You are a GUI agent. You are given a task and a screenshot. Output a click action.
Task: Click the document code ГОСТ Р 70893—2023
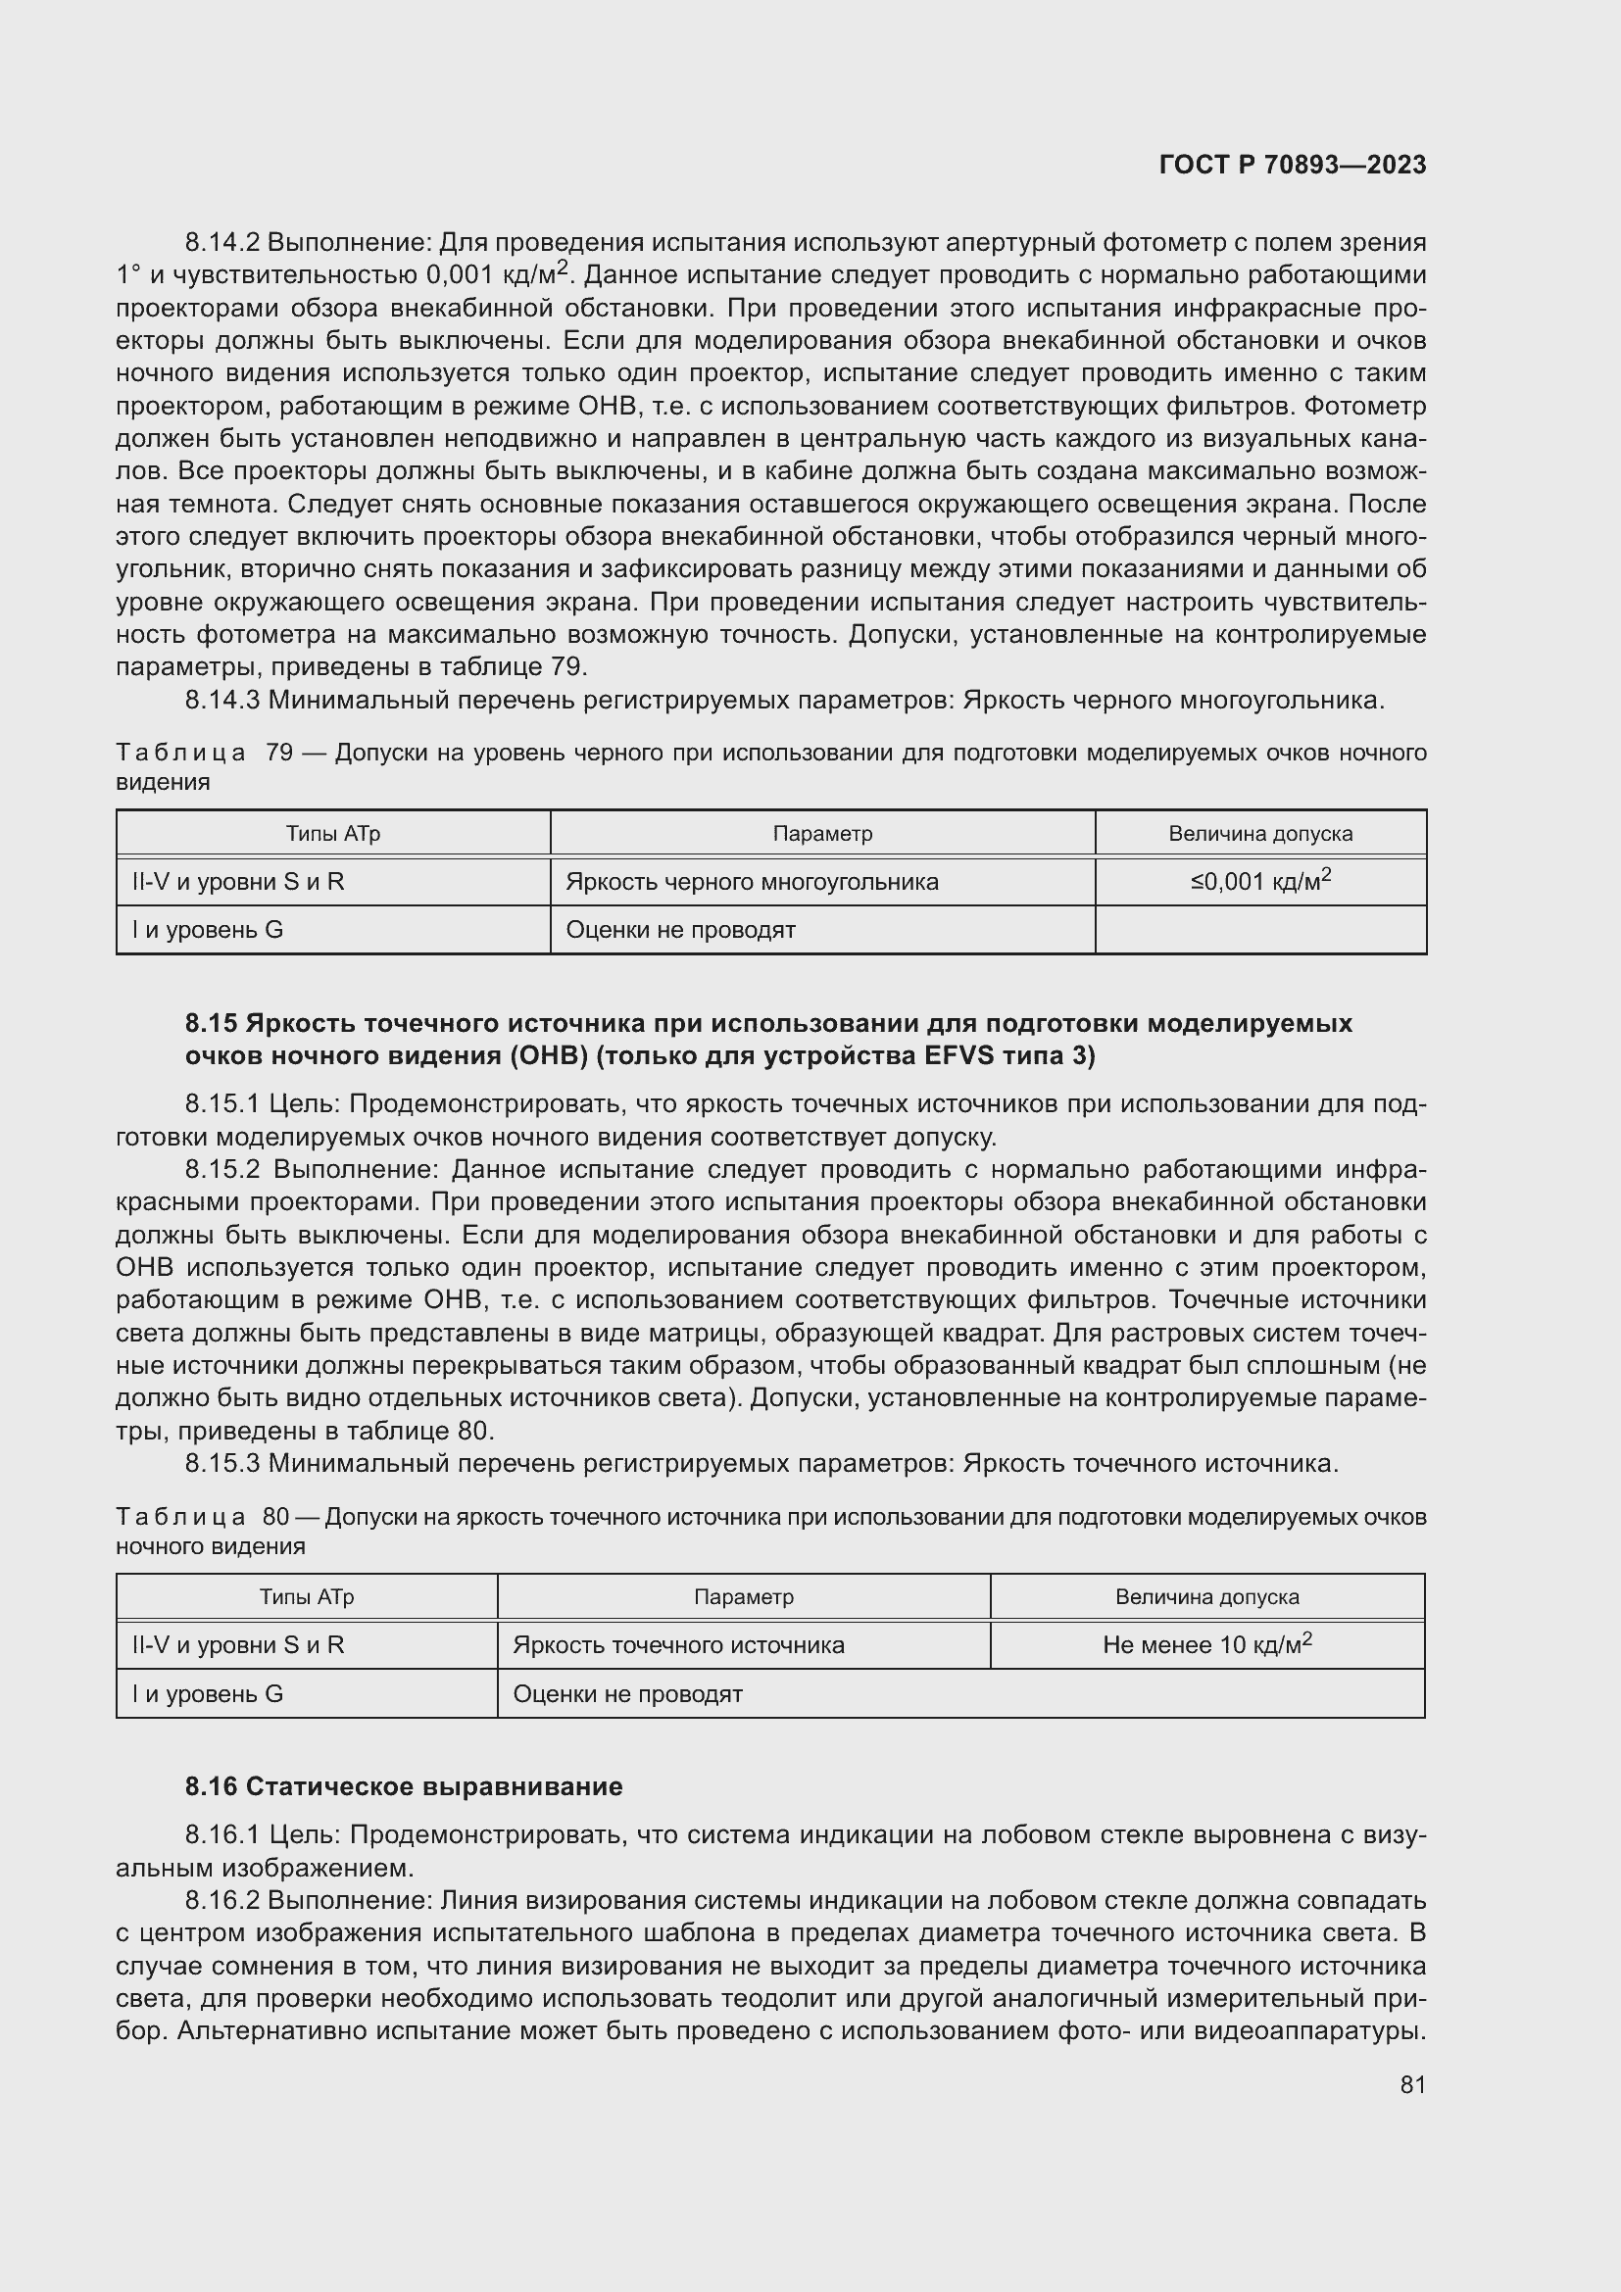click(x=1292, y=165)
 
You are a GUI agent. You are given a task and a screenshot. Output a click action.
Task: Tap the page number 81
click(x=1412, y=2084)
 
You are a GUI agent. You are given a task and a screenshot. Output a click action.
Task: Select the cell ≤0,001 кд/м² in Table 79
click(x=1259, y=881)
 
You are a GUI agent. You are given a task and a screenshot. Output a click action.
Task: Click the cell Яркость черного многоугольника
click(x=752, y=882)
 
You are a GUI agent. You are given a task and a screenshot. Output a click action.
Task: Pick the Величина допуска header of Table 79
click(x=1259, y=834)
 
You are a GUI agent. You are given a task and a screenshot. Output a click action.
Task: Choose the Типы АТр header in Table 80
click(x=307, y=1596)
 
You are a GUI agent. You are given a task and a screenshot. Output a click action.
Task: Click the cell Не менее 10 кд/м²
click(x=1206, y=1644)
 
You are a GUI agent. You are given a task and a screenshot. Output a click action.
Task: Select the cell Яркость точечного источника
click(x=678, y=1645)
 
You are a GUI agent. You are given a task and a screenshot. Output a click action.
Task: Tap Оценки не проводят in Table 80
click(x=627, y=1694)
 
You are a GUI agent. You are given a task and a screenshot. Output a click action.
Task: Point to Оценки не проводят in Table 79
click(x=680, y=930)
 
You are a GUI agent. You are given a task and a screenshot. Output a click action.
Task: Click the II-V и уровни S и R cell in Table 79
click(x=237, y=882)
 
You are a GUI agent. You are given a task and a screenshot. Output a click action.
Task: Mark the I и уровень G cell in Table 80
click(x=208, y=1694)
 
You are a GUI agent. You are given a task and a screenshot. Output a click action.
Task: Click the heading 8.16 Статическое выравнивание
click(x=403, y=1786)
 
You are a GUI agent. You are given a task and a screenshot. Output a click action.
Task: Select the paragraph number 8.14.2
click(x=221, y=243)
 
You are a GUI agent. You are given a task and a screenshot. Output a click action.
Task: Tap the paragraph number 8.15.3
click(x=221, y=1463)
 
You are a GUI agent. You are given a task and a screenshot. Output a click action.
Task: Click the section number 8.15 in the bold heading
click(x=211, y=1023)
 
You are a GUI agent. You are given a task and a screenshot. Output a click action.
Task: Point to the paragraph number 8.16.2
click(x=221, y=1900)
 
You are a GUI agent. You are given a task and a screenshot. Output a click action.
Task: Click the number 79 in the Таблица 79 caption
click(x=278, y=753)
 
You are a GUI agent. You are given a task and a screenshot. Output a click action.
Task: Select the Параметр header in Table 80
click(x=744, y=1596)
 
